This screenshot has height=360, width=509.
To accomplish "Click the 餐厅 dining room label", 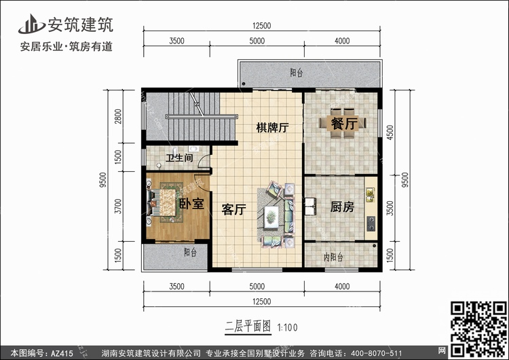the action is (x=344, y=124).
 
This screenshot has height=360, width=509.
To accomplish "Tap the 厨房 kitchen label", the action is (x=342, y=207).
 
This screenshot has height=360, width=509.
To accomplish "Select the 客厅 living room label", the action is (x=233, y=210).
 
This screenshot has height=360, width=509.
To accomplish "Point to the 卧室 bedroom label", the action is (x=191, y=204).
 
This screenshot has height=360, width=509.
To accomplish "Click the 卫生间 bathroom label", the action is (x=180, y=158).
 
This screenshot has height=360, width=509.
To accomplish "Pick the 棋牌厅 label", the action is (x=272, y=128).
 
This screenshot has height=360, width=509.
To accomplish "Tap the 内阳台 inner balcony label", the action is (x=333, y=257).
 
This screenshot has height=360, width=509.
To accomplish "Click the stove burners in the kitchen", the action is (x=371, y=223).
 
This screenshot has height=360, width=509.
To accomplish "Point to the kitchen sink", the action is (x=370, y=194).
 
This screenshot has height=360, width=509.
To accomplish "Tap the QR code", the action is (x=478, y=328).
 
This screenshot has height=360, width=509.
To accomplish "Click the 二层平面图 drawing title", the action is (x=248, y=326).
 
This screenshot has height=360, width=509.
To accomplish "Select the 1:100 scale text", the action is (x=287, y=327).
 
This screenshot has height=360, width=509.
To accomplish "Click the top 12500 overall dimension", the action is (x=262, y=26).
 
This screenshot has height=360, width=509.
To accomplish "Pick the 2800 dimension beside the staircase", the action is (x=118, y=116).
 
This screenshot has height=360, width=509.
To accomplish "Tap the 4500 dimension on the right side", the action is (x=390, y=132).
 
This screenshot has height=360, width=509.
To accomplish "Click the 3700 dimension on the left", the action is (x=119, y=206).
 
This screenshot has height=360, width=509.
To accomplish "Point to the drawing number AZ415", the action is (x=62, y=353).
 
